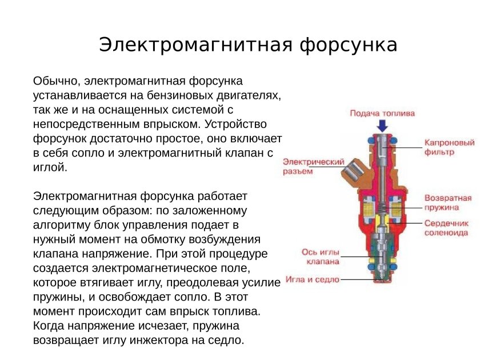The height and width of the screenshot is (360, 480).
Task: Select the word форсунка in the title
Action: (x=349, y=45)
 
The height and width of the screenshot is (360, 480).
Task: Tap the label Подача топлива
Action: (x=382, y=113)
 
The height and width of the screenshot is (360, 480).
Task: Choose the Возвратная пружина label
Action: (x=447, y=202)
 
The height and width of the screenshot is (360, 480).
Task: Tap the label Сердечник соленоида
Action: (x=446, y=227)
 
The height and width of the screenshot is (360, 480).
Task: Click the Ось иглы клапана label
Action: (x=321, y=257)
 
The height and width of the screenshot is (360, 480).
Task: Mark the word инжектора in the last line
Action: (x=186, y=340)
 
